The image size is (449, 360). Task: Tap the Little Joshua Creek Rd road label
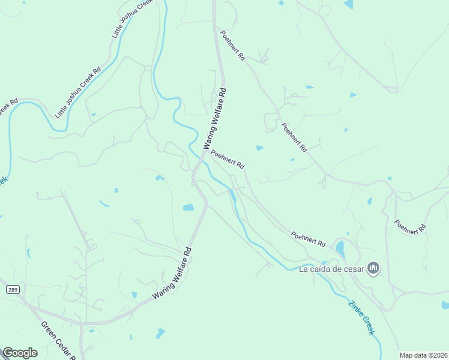click(x=77, y=92)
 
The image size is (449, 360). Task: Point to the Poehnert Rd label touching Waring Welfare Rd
click(x=227, y=159)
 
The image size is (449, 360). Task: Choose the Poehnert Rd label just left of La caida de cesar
click(x=308, y=239)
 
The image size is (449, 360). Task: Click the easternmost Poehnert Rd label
click(x=410, y=227)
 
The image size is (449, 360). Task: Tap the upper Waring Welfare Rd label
click(x=215, y=119)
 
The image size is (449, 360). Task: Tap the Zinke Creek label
click(x=362, y=317)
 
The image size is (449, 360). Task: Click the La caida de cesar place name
click(x=331, y=268)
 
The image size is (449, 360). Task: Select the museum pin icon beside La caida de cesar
click(x=373, y=268)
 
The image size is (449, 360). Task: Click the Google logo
click(x=20, y=353)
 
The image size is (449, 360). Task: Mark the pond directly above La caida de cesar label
click(x=340, y=248)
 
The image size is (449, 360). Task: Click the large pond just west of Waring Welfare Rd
click(x=188, y=208)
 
